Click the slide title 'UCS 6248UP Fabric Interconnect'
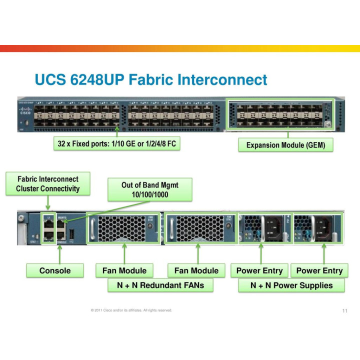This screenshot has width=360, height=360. pos(151,79)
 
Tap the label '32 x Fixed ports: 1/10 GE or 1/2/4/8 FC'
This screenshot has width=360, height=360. pos(117,144)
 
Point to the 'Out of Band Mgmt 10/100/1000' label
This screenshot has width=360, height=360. pos(150,189)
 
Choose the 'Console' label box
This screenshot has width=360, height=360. pos(55,270)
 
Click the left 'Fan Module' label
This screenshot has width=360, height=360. pos(124,270)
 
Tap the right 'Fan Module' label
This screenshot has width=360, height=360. pos(196,270)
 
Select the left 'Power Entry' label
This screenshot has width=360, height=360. pos(259,270)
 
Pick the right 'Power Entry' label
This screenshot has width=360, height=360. pos(319,270)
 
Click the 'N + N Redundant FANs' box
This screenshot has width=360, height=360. pos(160,285)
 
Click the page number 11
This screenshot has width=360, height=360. pos(344,311)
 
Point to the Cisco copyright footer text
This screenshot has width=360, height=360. pos(131,310)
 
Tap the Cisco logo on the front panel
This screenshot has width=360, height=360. pos(25,111)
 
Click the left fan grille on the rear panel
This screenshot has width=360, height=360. pos(122,228)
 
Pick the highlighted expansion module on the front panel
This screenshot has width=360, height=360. pos(281,115)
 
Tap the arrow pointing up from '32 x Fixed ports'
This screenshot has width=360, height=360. pos(117,133)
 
